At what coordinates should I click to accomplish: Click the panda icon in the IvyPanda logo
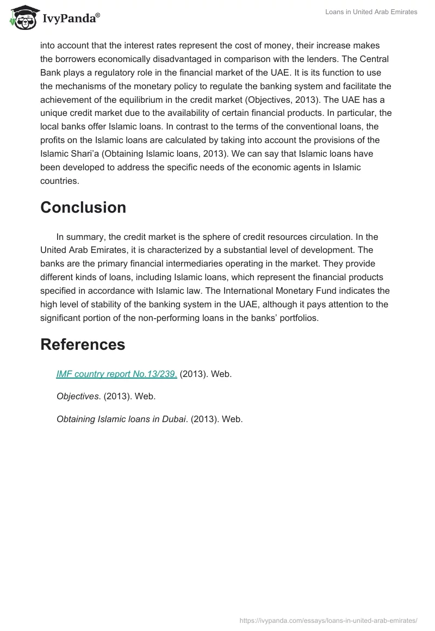21,18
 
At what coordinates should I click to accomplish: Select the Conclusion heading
83,207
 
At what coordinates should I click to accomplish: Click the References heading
83,344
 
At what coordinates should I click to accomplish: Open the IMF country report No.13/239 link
116,374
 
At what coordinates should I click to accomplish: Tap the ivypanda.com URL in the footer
328,620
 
